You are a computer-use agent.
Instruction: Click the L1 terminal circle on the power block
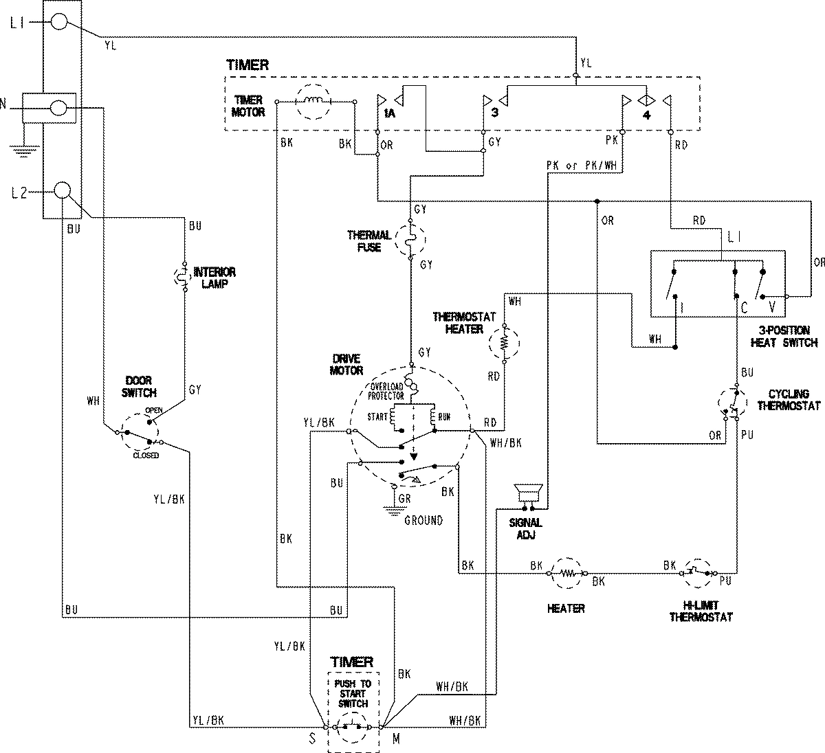[60, 23]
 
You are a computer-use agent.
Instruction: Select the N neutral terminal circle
[60, 107]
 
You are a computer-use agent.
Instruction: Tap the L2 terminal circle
[63, 190]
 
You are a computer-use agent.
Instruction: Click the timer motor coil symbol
[313, 102]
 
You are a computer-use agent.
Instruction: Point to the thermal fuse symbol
[410, 240]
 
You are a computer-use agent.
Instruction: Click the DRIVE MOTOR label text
[346, 365]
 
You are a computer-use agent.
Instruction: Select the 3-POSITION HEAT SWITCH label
[784, 336]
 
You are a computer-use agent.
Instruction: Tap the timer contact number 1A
[389, 113]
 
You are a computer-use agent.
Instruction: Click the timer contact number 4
[646, 114]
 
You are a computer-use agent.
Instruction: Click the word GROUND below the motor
[423, 520]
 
